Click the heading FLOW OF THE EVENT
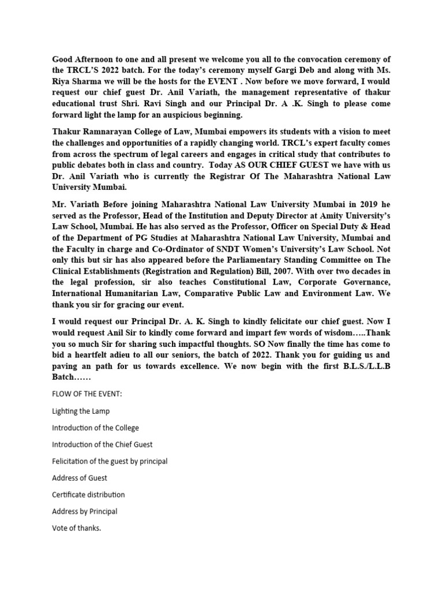click(87, 394)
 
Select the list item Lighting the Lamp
click(81, 411)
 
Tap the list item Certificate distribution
click(88, 495)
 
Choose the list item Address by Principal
click(84, 511)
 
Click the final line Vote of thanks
click(76, 528)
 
